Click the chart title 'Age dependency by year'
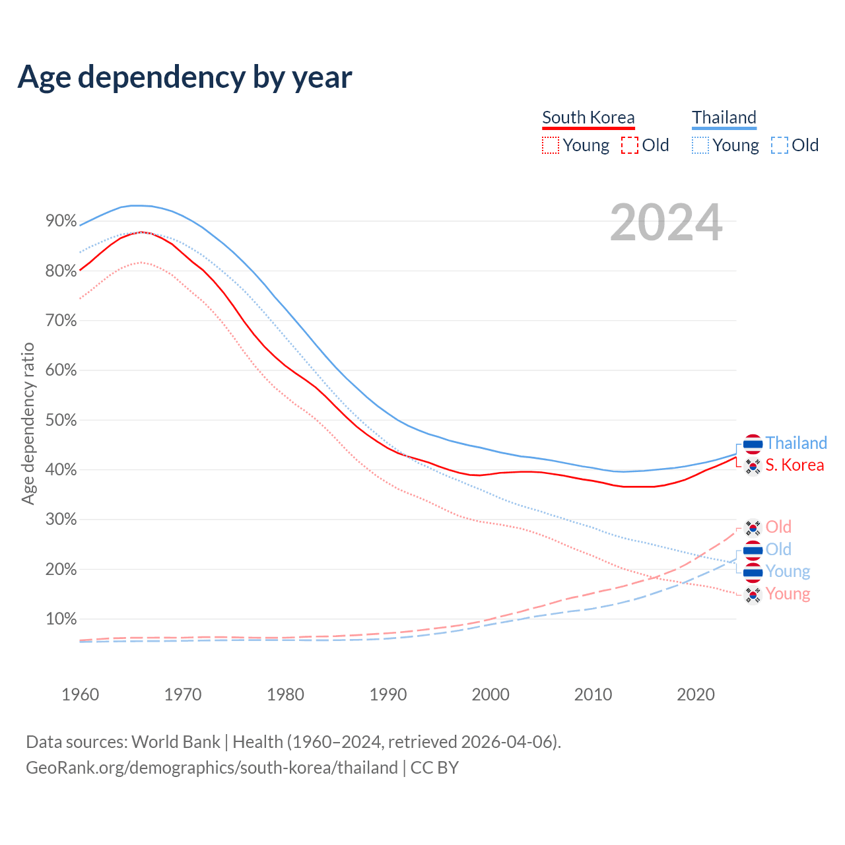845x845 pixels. tap(185, 77)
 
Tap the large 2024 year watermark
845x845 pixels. tap(665, 222)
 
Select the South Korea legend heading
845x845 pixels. tap(588, 118)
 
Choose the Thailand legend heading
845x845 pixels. tap(724, 118)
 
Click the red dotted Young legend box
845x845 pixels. tap(551, 145)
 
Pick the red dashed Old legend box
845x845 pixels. tap(630, 145)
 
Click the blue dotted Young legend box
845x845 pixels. tap(700, 145)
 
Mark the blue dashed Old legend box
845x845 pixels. tap(780, 145)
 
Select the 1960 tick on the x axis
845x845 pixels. tap(80, 694)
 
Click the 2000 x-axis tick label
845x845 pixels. tap(490, 694)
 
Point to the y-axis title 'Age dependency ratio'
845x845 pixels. tap(28, 423)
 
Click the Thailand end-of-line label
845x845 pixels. tap(796, 443)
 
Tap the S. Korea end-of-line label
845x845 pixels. tap(795, 465)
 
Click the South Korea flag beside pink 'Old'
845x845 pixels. tap(753, 527)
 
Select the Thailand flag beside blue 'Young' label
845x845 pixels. tap(753, 572)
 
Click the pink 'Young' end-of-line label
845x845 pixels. tap(788, 594)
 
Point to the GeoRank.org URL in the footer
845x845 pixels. tap(211, 768)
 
